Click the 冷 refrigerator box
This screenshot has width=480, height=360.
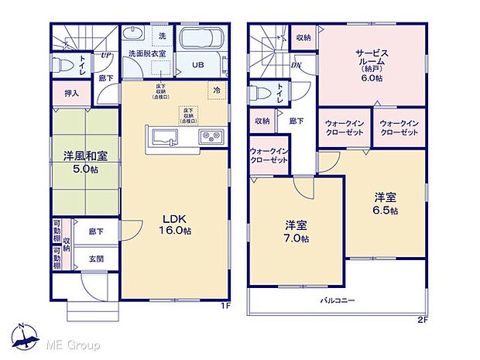pyautogui.click(x=212, y=90)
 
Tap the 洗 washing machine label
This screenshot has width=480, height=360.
pyautogui.click(x=162, y=36)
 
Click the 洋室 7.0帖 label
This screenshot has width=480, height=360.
pyautogui.click(x=297, y=231)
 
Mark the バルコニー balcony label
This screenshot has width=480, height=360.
pyautogui.click(x=338, y=298)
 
